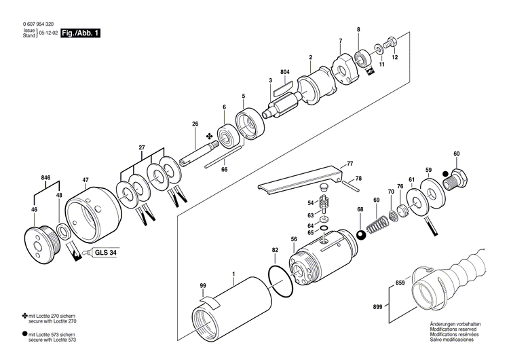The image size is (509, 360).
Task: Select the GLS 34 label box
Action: tap(105, 251)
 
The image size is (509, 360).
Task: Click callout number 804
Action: tap(284, 72)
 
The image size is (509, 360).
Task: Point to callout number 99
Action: tap(202, 286)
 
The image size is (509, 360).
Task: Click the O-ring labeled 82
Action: tap(280, 278)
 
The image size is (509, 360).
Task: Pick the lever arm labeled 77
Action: tap(299, 179)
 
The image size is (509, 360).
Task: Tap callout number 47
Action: tap(86, 180)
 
